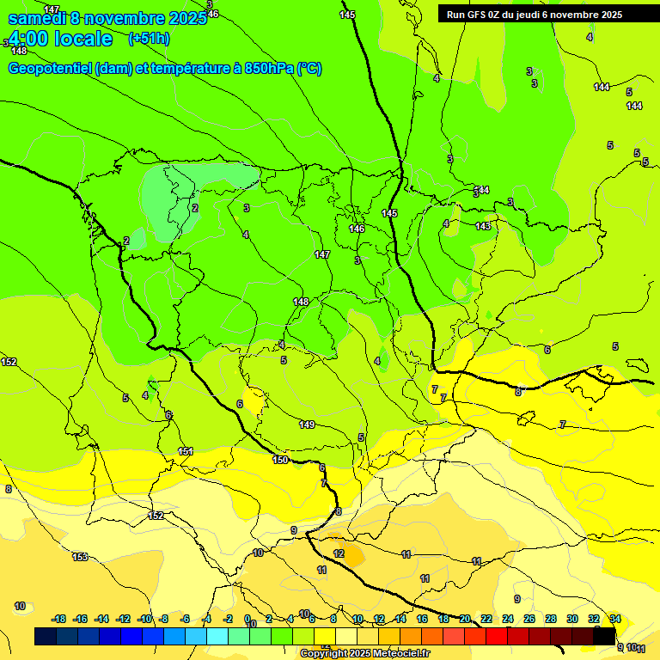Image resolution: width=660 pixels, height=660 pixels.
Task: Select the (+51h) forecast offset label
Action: [149, 39]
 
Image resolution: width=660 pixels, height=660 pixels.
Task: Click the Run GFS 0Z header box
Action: [534, 14]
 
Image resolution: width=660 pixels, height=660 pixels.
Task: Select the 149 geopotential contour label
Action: [307, 425]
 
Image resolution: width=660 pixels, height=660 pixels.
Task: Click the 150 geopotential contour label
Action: [280, 460]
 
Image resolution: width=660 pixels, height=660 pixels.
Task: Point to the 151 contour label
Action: [186, 451]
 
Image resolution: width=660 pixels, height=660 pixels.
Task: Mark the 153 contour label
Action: [80, 557]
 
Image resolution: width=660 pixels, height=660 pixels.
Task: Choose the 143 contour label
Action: [483, 226]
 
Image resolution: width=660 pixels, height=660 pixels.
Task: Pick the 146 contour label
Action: [357, 229]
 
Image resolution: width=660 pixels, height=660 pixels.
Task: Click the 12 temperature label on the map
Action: [339, 553]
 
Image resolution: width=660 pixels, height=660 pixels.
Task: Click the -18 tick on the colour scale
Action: [59, 619]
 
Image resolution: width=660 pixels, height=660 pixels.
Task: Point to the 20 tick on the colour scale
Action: [465, 619]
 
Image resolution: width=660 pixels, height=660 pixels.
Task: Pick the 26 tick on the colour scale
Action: [529, 619]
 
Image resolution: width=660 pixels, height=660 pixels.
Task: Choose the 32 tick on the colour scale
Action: [593, 619]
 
